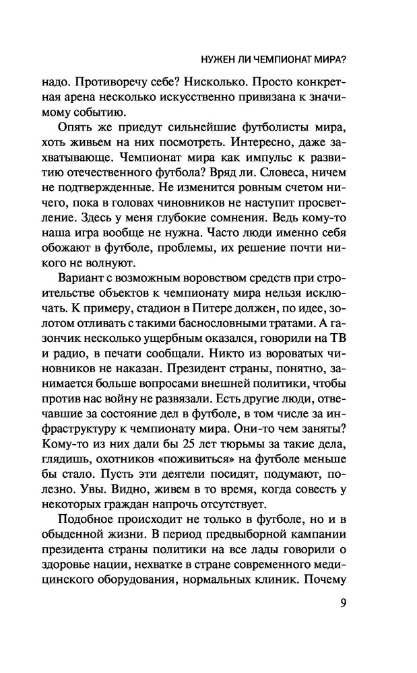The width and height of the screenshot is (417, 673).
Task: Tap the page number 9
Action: pyautogui.click(x=343, y=602)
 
